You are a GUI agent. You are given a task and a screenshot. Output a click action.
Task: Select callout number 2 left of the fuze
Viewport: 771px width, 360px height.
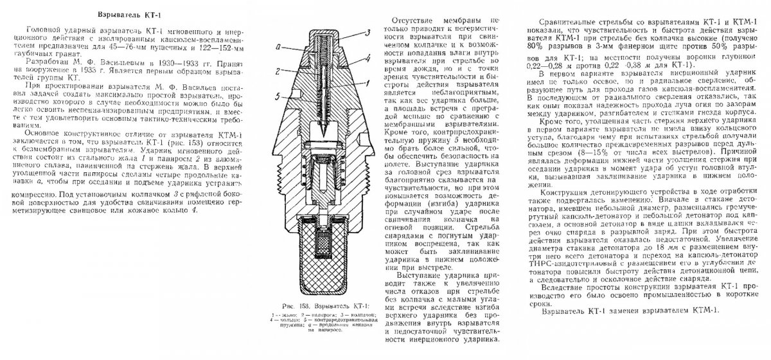(x=274, y=69)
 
